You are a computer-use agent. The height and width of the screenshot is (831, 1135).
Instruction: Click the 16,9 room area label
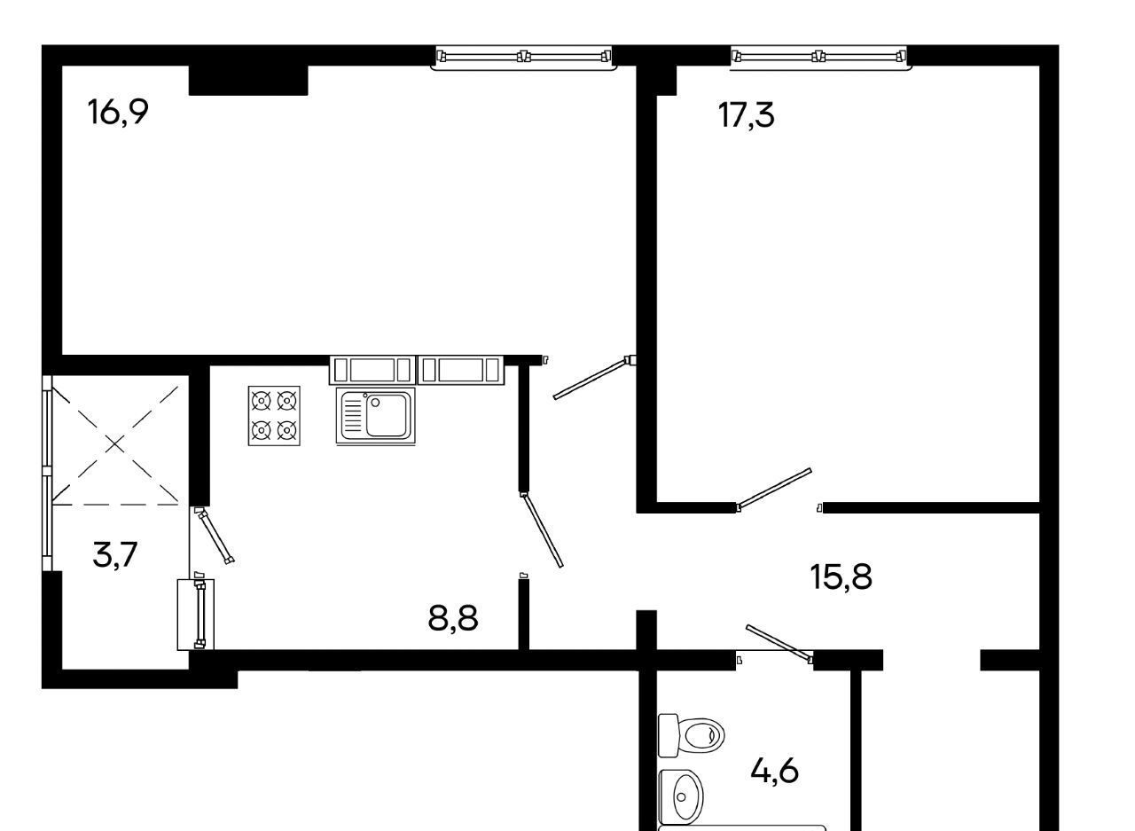[x=118, y=112]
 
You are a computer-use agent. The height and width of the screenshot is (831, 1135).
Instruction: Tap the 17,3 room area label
[x=747, y=115]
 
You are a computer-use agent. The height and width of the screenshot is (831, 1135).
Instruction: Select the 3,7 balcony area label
[x=115, y=555]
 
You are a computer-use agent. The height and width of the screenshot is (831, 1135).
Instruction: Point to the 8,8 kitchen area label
[x=453, y=618]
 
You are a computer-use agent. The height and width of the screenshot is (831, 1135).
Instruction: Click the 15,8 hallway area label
[x=841, y=576]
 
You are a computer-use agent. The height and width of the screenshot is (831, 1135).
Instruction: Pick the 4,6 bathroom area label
[x=775, y=772]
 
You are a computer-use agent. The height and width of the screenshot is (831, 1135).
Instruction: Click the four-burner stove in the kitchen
[x=274, y=416]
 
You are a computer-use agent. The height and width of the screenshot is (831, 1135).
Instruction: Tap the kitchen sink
[x=375, y=416]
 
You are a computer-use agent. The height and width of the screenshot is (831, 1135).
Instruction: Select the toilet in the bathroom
[x=691, y=735]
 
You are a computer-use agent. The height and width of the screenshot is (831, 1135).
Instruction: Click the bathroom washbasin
[x=682, y=797]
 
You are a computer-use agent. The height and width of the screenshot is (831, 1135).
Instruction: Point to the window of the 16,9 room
[x=524, y=57]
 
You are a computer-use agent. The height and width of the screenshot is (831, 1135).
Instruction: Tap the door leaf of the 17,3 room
[x=774, y=489]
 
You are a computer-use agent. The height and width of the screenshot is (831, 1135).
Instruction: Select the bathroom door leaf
[x=779, y=644]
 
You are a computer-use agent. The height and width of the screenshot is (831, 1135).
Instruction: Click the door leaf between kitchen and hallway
[x=542, y=530]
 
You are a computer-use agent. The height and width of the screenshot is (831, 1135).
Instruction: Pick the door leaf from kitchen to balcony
[x=215, y=536]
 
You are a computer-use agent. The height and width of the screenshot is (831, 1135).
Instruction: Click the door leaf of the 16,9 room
[x=594, y=378]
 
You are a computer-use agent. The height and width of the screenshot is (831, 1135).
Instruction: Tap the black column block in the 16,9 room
[x=248, y=80]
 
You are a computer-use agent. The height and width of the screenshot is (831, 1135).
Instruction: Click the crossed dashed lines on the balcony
[x=115, y=445]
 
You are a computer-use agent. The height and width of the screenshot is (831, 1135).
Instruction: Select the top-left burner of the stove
[x=262, y=402]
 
